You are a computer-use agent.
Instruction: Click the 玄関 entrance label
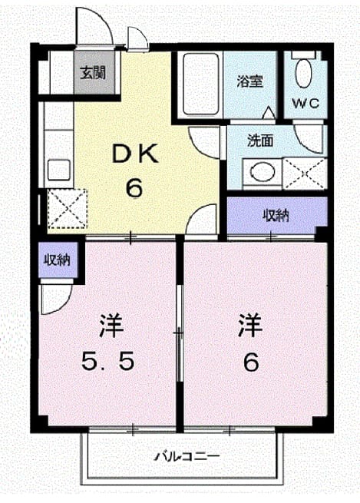(x=93, y=74)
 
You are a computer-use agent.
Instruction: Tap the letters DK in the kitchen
(x=134, y=154)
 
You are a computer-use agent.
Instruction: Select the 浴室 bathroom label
(x=249, y=81)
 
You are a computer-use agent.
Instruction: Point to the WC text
(x=306, y=104)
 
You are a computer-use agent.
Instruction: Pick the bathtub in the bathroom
(x=201, y=84)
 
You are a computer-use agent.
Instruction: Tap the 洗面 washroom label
(x=260, y=141)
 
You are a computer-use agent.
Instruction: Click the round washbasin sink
(x=263, y=170)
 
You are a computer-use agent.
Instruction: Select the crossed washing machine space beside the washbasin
(x=305, y=174)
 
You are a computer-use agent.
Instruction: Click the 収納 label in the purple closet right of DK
(x=276, y=215)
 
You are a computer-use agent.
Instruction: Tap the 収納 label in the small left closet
(x=57, y=260)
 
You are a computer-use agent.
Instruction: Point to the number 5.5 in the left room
(x=107, y=361)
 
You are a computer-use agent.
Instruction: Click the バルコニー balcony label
(x=187, y=456)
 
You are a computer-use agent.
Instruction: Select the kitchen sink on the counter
(x=58, y=170)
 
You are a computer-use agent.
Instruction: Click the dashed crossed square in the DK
(x=68, y=209)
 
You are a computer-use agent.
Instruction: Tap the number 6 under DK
(x=134, y=188)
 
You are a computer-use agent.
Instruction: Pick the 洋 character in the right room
(x=250, y=325)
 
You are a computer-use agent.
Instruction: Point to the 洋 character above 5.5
(x=111, y=325)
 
